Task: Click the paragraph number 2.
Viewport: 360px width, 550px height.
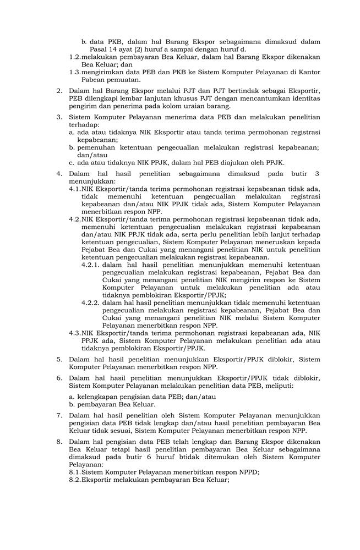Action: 59,91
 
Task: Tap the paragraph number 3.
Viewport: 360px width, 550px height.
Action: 59,117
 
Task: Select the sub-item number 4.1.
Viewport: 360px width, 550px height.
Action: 75,189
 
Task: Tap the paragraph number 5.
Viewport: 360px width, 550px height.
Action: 59,359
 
